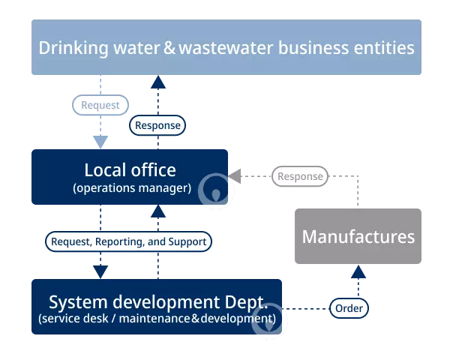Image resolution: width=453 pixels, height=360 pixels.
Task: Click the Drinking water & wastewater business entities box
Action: pos(226,47)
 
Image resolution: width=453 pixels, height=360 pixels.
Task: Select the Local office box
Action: pos(130,177)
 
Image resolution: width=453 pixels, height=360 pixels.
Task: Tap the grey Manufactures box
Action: pos(358,236)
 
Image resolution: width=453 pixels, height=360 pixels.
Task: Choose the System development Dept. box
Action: pos(157,307)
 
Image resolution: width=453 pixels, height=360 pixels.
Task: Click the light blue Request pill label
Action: pos(100,105)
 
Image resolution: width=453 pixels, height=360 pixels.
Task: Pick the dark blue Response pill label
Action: pos(157,125)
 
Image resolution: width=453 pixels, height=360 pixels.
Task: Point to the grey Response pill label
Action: pos(300,176)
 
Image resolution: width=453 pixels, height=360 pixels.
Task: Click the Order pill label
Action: pos(349,308)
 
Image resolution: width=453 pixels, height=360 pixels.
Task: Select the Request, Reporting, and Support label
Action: pos(128,241)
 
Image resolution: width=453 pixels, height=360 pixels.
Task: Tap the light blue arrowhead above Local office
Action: pos(100,142)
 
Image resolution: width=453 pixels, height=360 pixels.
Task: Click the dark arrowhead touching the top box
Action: pos(158,82)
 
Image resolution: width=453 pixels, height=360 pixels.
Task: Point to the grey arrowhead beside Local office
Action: pos(235,176)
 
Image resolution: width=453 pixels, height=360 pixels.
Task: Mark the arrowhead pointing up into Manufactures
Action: pos(358,271)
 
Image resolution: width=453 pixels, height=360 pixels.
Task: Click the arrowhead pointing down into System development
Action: pos(100,272)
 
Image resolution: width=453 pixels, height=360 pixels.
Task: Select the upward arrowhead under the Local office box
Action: pos(158,211)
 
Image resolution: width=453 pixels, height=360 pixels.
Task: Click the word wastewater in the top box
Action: pos(226,48)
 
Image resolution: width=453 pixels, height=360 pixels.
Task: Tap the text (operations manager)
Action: pos(132,188)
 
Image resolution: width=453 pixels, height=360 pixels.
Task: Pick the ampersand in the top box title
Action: pos(169,48)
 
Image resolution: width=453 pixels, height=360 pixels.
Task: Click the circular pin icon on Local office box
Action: pos(216,190)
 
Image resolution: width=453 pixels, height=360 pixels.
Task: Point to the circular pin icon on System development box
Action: pos(269,321)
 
